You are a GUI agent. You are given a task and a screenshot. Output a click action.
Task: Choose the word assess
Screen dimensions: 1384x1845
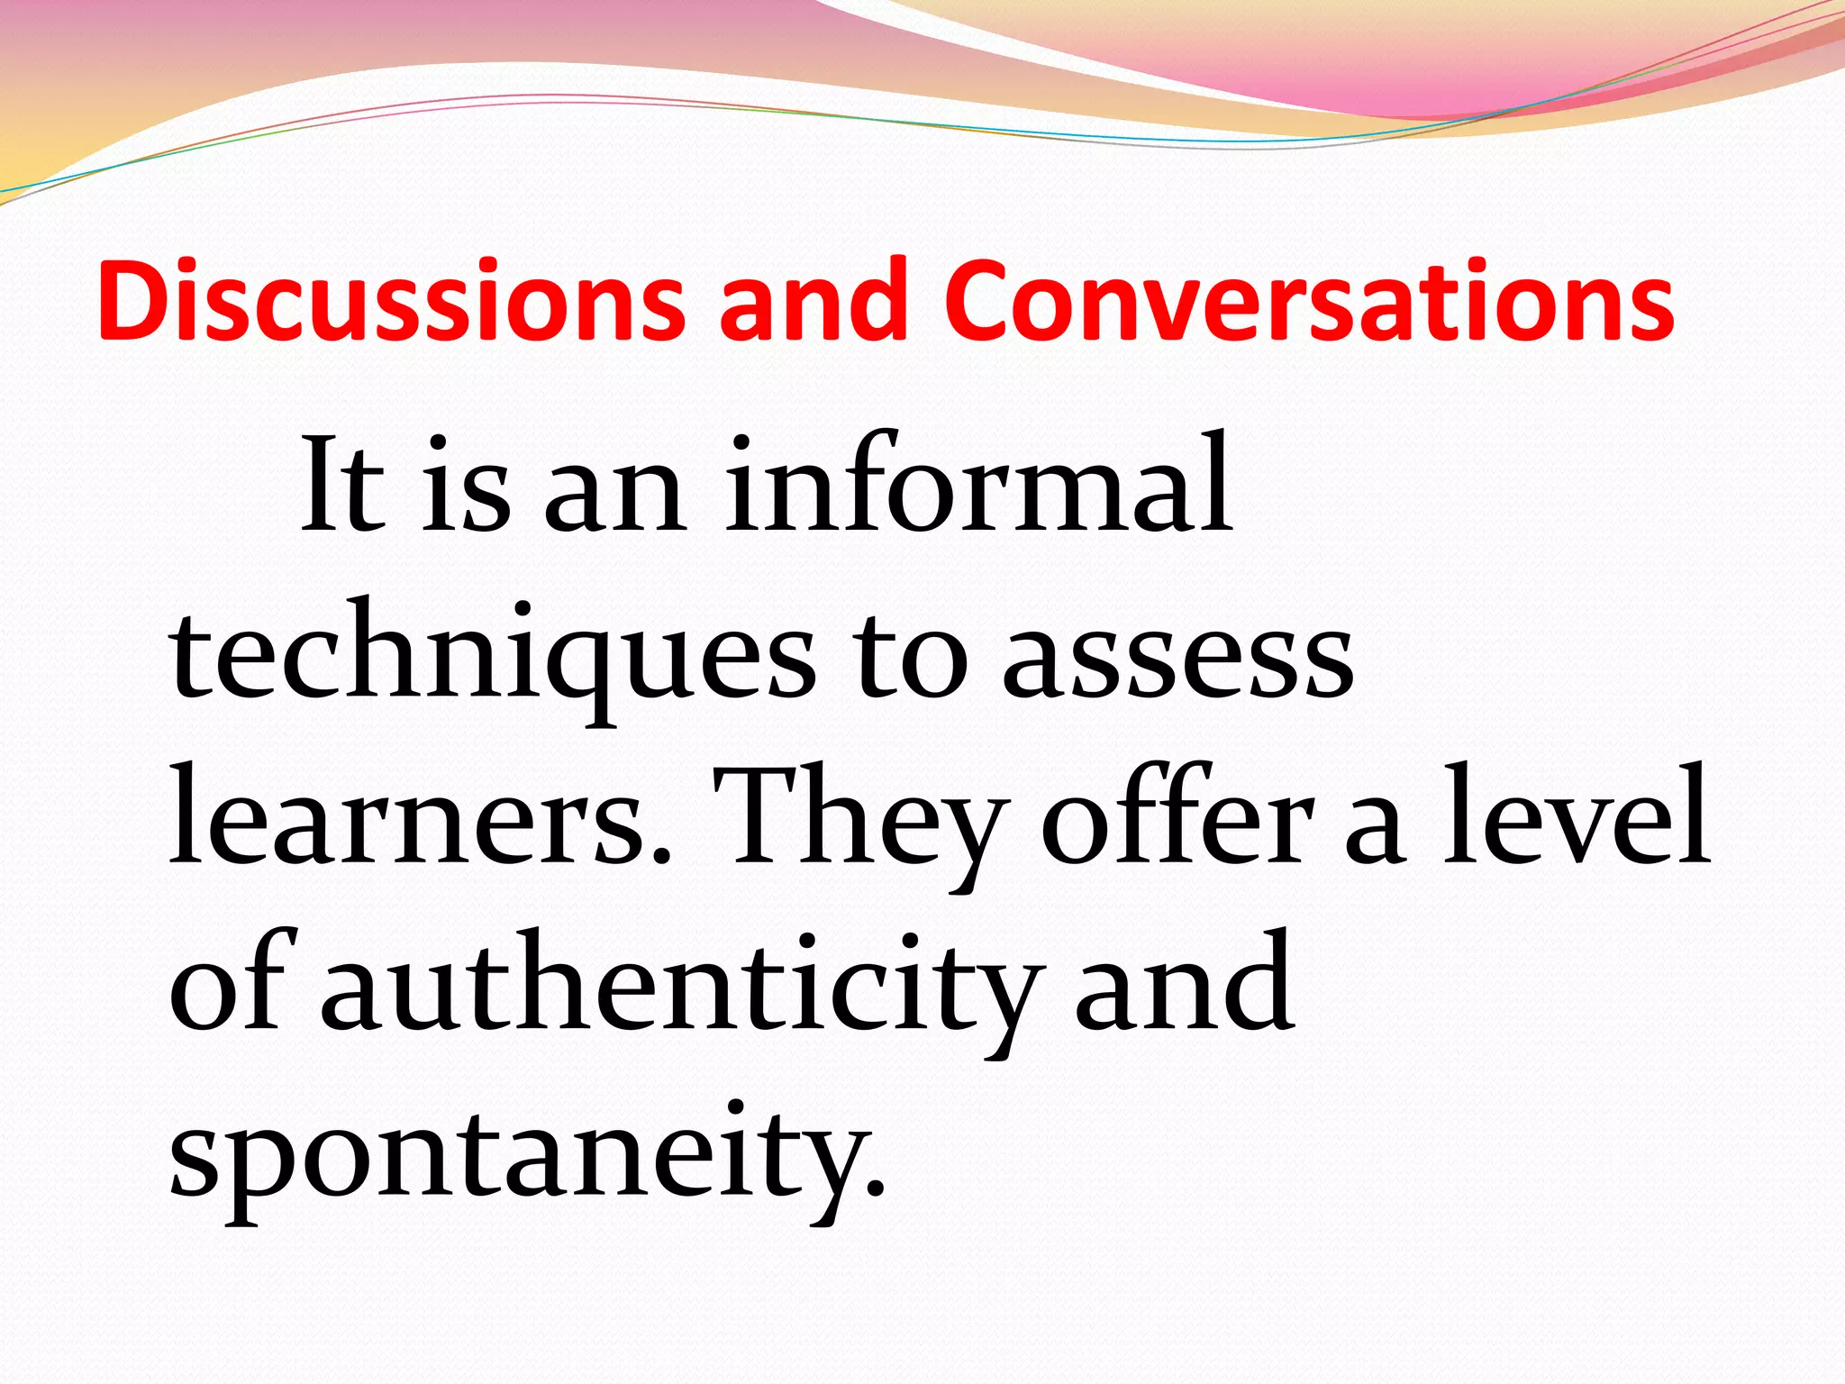[x=1177, y=656]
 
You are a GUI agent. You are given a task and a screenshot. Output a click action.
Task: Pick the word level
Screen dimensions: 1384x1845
[x=1576, y=815]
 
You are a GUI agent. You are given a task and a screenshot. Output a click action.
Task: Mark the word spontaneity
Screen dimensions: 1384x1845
[x=528, y=1157]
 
